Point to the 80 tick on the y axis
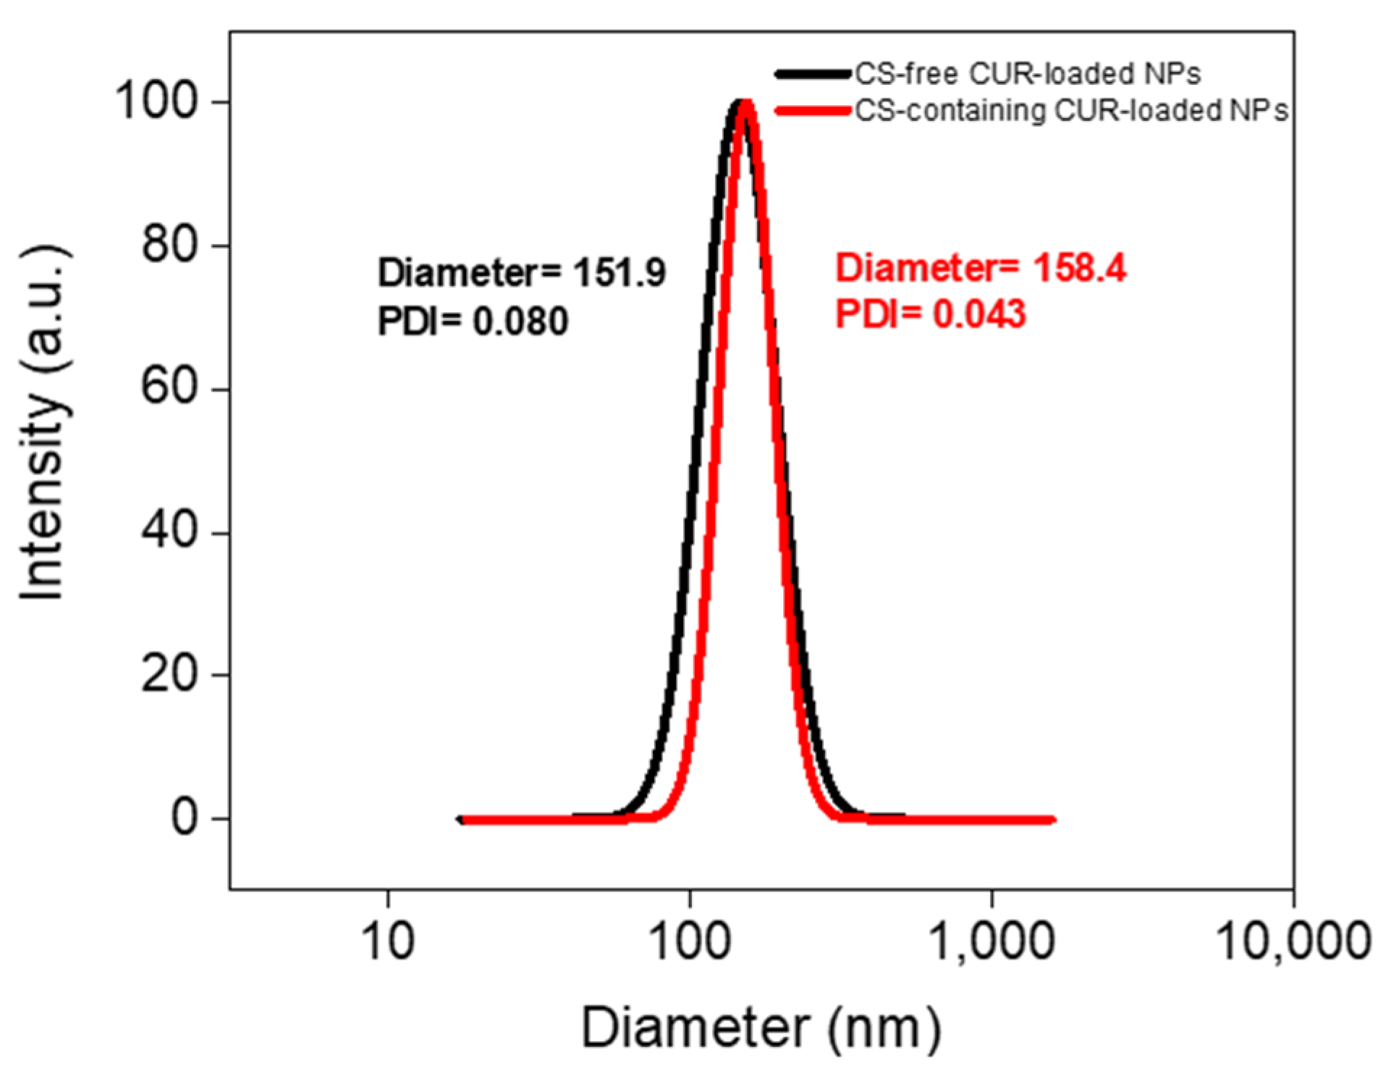coord(169,245)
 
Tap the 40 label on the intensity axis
coord(169,531)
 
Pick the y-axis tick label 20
coord(169,674)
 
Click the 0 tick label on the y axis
coord(184,818)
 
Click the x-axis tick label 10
coord(388,941)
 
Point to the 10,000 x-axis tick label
coord(1294,941)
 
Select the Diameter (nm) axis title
coord(761,1027)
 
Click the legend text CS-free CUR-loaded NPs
coord(1028,74)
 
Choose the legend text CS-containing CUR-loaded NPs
coord(1071,111)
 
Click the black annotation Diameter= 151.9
coord(521,273)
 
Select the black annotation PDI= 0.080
coord(473,321)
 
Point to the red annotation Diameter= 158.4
coord(981,268)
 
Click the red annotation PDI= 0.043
coord(931,314)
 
